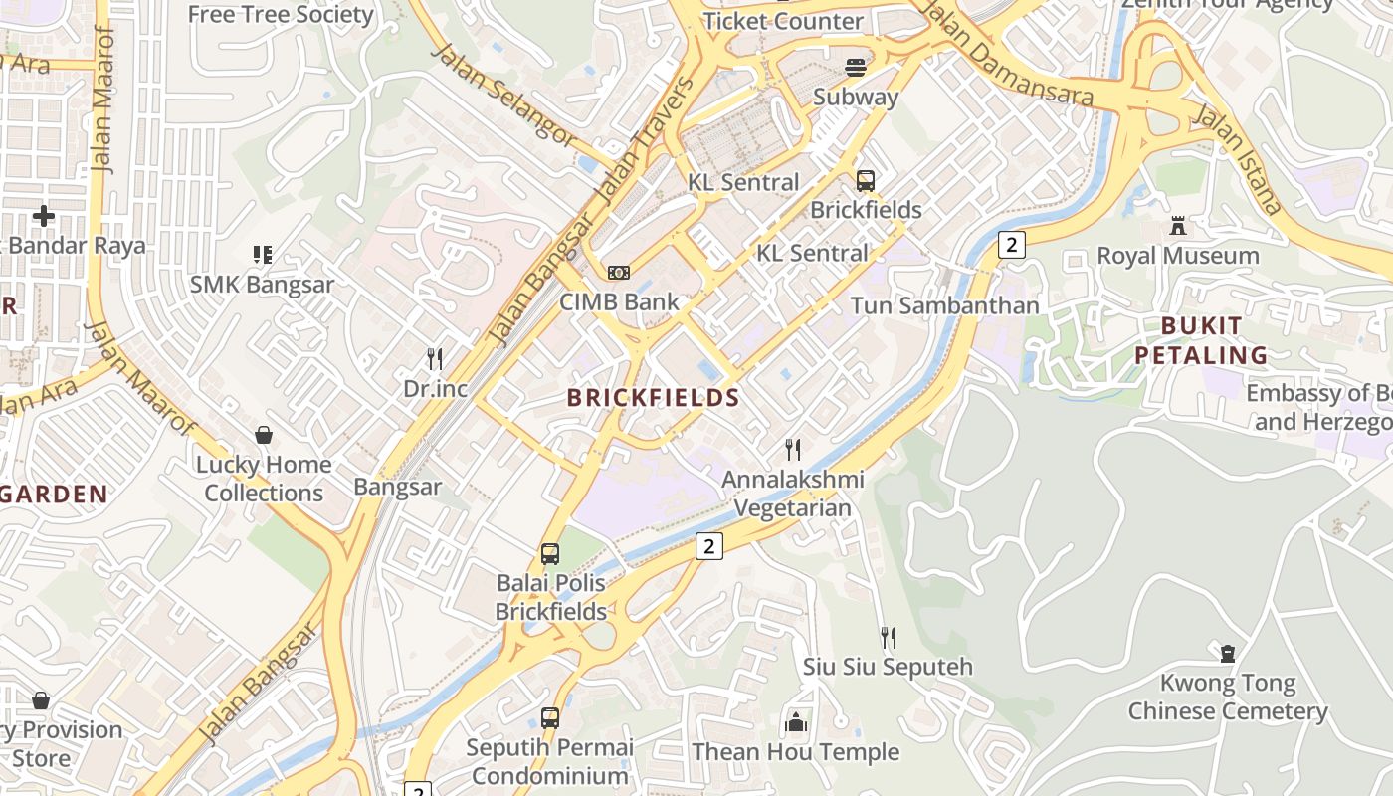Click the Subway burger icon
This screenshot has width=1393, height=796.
[x=856, y=68]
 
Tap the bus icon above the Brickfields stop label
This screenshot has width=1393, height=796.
[x=866, y=181]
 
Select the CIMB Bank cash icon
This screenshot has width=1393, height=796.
[x=619, y=273]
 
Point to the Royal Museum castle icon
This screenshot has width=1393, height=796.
[x=1178, y=226]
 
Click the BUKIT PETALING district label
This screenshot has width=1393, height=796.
[x=1201, y=340]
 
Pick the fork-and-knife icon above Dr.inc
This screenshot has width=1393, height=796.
[x=435, y=358]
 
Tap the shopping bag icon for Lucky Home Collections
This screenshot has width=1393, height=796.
[x=264, y=435]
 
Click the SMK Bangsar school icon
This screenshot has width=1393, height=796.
[x=263, y=255]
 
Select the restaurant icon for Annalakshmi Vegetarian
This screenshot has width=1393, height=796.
[x=792, y=450]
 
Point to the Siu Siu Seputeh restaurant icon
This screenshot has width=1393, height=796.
[x=888, y=637]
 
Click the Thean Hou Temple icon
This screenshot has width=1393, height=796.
[x=795, y=722]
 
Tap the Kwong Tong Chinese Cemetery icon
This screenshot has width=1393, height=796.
[x=1227, y=654]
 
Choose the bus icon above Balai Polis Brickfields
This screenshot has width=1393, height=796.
[x=550, y=554]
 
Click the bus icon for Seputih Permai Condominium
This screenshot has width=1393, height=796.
[x=550, y=717]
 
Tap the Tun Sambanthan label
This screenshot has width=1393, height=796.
[x=944, y=305]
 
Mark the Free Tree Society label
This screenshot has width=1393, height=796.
[x=281, y=14]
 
